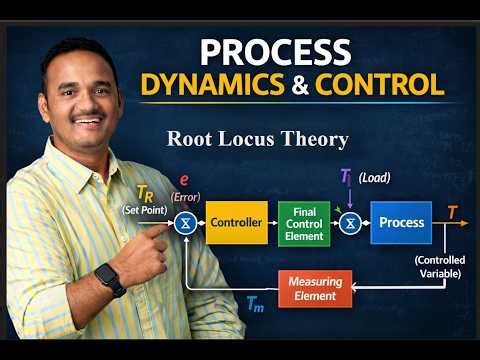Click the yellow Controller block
pyautogui.click(x=237, y=223)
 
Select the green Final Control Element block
pyautogui.click(x=303, y=223)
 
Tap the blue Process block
pyautogui.click(x=400, y=222)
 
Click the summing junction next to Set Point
pyautogui.click(x=186, y=223)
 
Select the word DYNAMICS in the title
pyautogui.click(x=212, y=85)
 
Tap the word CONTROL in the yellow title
pyautogui.click(x=379, y=85)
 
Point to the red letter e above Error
pyautogui.click(x=184, y=180)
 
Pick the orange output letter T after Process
pyautogui.click(x=453, y=212)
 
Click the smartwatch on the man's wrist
pyautogui.click(x=110, y=279)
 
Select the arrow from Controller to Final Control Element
pyautogui.click(x=273, y=223)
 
